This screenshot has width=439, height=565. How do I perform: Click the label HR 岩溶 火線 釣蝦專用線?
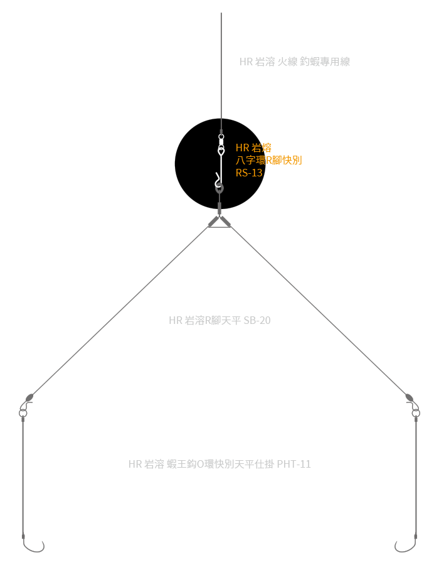coord(294,62)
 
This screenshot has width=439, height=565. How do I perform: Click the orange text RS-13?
coord(249,173)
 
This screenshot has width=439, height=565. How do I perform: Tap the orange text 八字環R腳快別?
coord(269,160)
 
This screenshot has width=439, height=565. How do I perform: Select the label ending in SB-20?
coord(219,320)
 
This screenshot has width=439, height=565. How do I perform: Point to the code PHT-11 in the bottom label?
coord(294,465)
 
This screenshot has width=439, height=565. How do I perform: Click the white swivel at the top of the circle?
coord(221,139)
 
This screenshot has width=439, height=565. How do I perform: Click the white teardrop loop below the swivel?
coord(221,151)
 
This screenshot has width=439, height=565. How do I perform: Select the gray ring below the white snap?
coord(219,188)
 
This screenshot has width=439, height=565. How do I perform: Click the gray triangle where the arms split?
coord(219,222)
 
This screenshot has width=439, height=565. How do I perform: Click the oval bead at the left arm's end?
coord(29,397)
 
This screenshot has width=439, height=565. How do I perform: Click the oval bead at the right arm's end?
coord(409,397)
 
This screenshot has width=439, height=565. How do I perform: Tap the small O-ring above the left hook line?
coord(23,412)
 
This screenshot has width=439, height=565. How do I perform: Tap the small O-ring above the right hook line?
coord(415,412)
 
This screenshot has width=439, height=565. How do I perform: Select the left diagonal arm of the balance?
coord(119,311)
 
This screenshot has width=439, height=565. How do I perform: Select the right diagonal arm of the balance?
coord(320,311)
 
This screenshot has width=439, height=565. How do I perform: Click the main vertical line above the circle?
coord(221,63)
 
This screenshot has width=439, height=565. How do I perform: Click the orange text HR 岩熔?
coord(253,148)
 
